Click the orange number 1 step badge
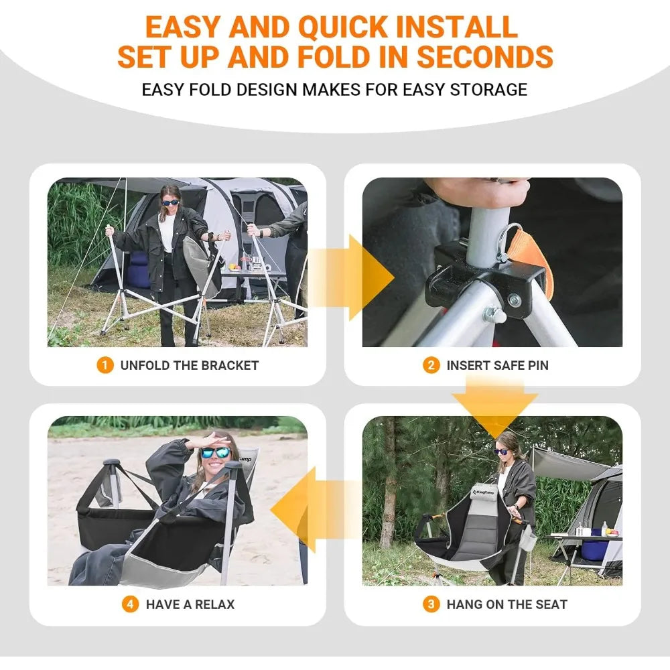point(105,366)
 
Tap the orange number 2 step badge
point(431,366)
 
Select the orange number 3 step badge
point(431,604)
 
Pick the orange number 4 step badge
point(130,604)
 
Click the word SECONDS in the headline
point(485,56)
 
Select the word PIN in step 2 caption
point(537,366)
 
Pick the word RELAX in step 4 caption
point(214,604)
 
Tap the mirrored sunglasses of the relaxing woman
point(216,453)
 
